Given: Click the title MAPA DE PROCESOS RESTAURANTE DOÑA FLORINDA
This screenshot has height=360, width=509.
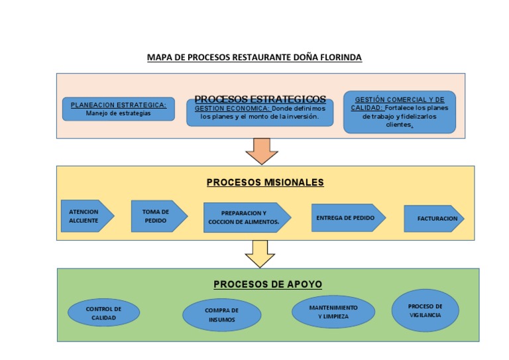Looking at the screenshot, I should [x=254, y=58].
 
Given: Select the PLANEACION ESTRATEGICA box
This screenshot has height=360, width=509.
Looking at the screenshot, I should [x=119, y=109].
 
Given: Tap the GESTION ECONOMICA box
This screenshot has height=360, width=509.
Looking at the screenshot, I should [x=260, y=113].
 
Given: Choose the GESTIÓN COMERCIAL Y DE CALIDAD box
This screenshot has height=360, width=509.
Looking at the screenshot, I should [x=400, y=112].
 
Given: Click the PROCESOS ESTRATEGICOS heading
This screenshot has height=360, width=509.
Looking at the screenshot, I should [x=260, y=99].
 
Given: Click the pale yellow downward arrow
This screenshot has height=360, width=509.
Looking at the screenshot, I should [x=260, y=253].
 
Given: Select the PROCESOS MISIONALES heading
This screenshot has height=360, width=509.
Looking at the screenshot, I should [x=265, y=182].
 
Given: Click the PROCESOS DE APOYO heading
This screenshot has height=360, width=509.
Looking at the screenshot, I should [x=268, y=284].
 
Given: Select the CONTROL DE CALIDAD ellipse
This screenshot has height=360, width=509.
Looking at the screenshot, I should [x=103, y=313].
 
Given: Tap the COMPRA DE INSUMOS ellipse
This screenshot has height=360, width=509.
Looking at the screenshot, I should [x=221, y=314].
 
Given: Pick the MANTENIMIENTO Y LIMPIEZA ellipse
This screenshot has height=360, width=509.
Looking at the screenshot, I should [x=333, y=312].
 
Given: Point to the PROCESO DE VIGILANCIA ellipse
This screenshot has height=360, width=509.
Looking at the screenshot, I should [x=425, y=310].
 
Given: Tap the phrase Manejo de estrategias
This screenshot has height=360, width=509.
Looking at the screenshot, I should [x=119, y=113].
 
